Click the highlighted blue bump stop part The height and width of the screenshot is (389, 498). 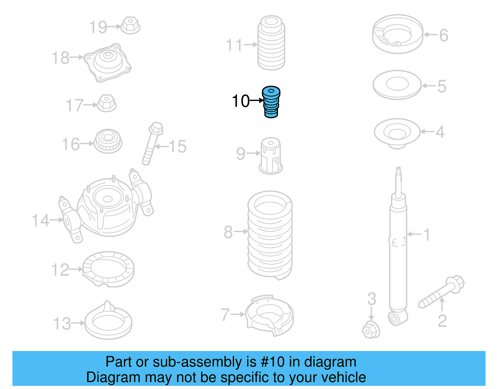[271, 102]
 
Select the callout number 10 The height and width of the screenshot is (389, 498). [241, 101]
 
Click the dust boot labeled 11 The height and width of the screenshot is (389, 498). [271, 44]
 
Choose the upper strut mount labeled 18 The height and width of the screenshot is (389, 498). [108, 63]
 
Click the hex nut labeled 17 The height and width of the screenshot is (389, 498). [107, 103]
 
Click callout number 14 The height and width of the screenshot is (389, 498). [40, 220]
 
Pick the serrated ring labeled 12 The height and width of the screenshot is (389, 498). [108, 269]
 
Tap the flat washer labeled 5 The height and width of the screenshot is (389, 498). [397, 84]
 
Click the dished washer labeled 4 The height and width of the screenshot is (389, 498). [397, 133]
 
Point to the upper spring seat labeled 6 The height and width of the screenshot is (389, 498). [398, 34]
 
